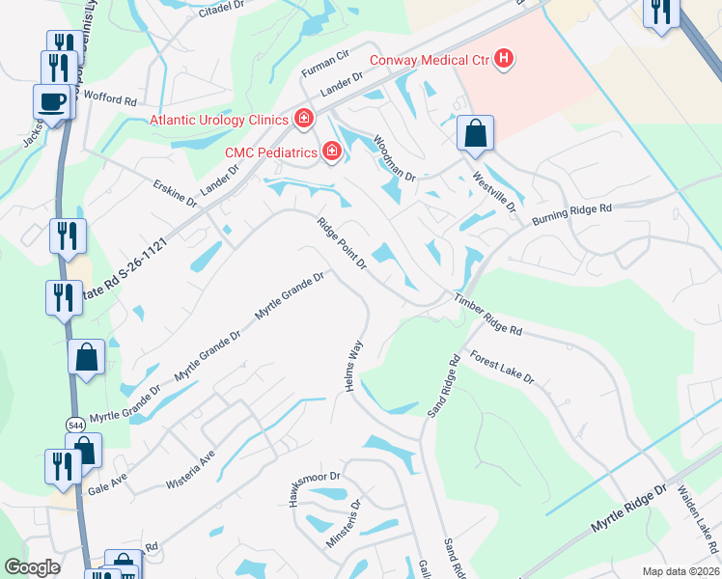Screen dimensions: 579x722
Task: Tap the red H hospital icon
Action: point(502,60)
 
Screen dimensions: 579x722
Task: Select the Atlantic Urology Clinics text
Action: point(218,120)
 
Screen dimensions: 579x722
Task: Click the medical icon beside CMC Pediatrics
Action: point(331,151)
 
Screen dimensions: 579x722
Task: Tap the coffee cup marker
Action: point(52,100)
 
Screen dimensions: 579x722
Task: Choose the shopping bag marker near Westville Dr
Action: point(476,133)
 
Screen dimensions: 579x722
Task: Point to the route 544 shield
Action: point(75,424)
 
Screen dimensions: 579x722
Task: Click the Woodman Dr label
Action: point(394,158)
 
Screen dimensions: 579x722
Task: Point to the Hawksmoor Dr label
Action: point(310,477)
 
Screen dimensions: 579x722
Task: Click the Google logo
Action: point(32,567)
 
